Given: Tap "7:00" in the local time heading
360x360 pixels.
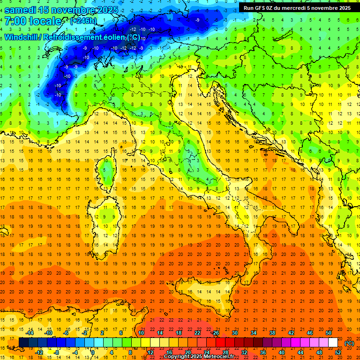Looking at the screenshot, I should coord(15,21).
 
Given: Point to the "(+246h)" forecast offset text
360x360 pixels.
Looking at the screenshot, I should coord(84,21).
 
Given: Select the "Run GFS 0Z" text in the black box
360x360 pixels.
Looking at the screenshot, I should coord(260,7).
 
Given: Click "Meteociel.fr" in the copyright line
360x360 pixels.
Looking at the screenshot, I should coord(218,357).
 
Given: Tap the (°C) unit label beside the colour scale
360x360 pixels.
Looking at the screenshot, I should coord(349,343).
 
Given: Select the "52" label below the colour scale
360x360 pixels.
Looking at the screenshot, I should coord(338,352).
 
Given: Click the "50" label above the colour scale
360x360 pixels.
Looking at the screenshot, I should coord(328,333).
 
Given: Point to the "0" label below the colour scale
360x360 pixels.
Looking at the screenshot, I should coord(92,352).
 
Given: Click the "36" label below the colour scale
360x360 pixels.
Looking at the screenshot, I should coord(262,352).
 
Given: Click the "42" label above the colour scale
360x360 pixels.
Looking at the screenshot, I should coord(291,333).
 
